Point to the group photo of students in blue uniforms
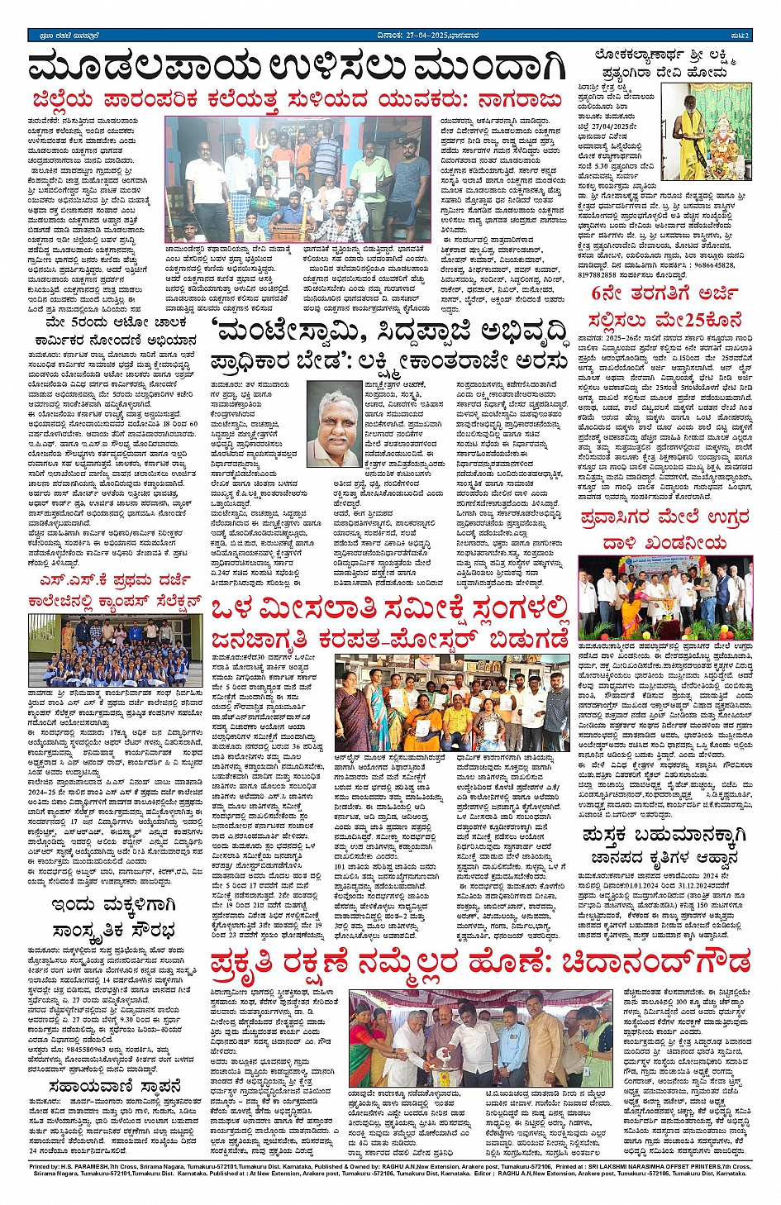pos(115,649)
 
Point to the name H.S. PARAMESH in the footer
pos(91,1167)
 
